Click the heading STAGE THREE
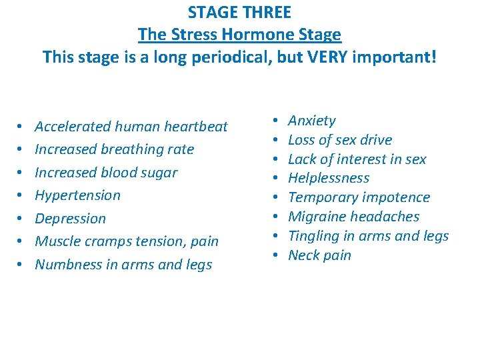tap(239, 12)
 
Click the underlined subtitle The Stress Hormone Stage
tap(239, 34)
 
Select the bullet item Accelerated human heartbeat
tap(131, 126)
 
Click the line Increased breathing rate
tap(114, 149)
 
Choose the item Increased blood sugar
tap(106, 172)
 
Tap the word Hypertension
tap(77, 195)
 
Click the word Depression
tap(70, 219)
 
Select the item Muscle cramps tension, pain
tap(127, 241)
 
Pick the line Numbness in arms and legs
tap(123, 265)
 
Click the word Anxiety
tap(311, 121)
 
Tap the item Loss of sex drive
tap(339, 140)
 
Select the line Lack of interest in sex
tap(357, 159)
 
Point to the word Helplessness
tap(328, 178)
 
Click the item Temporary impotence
tap(359, 197)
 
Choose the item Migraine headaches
tap(353, 217)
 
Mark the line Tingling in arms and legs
tap(368, 236)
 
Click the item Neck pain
tap(319, 255)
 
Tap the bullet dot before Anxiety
tap(275, 121)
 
